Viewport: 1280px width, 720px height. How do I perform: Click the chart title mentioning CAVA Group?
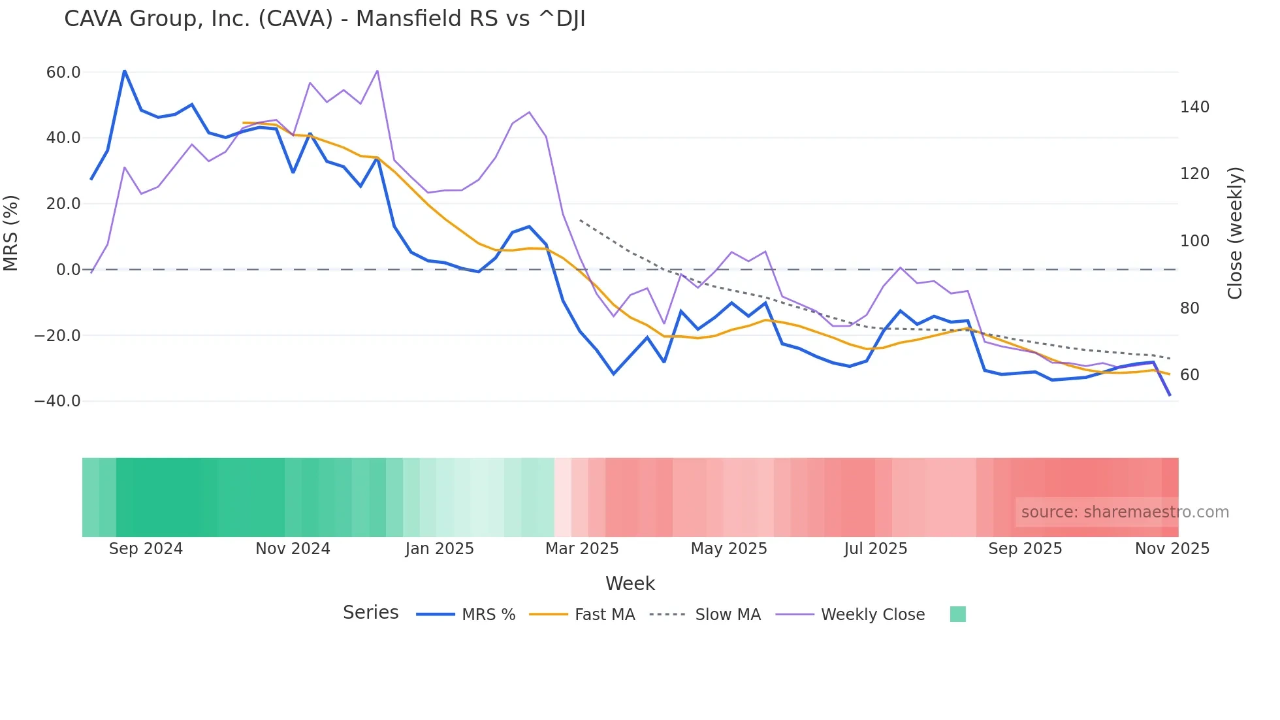pos(325,19)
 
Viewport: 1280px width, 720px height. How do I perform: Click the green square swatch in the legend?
pos(957,614)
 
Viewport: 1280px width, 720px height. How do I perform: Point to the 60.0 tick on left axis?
pos(63,73)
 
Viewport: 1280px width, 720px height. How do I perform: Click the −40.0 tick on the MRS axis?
pos(57,401)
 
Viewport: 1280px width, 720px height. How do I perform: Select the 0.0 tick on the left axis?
pos(68,270)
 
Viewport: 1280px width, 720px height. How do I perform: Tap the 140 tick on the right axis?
pos(1194,107)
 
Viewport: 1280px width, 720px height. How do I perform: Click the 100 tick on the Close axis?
pos(1194,241)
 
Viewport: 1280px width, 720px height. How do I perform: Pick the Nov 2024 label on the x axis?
pos(293,549)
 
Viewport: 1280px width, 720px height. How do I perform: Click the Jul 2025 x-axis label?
pos(875,549)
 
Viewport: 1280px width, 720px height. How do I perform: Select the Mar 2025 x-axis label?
pos(582,549)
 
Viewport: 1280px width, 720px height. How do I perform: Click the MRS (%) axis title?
pos(11,233)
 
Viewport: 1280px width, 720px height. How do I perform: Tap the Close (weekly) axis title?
pos(1235,233)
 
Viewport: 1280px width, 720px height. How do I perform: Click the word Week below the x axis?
pos(630,583)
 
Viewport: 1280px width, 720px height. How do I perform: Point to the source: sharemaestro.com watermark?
pos(1125,512)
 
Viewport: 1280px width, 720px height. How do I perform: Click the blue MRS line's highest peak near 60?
pos(124,71)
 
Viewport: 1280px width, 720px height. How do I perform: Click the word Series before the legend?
pos(370,613)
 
